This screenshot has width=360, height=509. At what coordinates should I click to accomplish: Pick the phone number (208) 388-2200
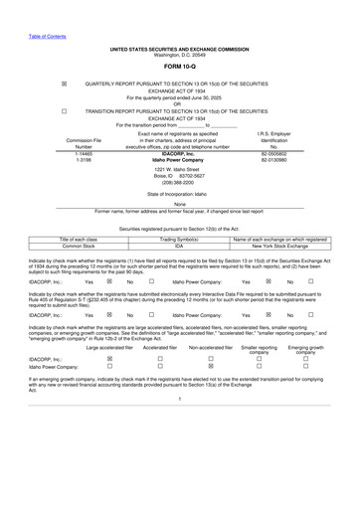point(179,183)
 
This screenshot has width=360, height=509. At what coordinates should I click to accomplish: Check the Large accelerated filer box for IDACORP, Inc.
point(109,387)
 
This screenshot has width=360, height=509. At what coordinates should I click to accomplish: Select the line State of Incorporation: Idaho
point(179,194)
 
